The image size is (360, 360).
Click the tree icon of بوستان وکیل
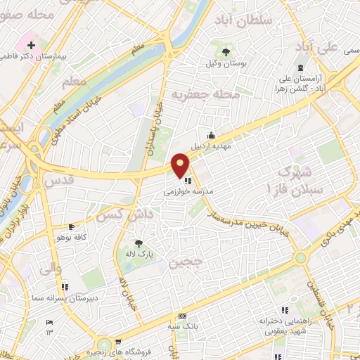click(x=226, y=52)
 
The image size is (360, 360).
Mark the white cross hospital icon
click(x=31, y=163)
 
